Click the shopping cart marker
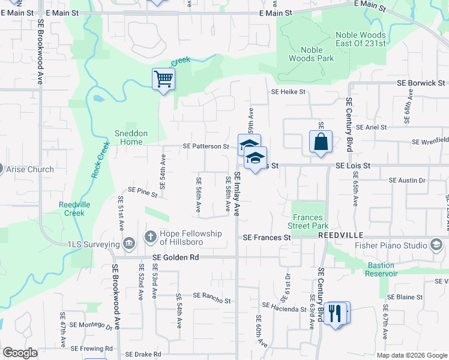[163, 79]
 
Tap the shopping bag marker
[321, 142]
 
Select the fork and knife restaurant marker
[337, 313]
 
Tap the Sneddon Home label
[131, 137]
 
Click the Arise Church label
[29, 169]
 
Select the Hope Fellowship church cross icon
[150, 238]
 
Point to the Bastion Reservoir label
[381, 269]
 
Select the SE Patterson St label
[206, 146]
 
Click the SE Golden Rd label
[175, 257]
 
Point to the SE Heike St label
[288, 92]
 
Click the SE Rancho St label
[210, 298]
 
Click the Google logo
[20, 353]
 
